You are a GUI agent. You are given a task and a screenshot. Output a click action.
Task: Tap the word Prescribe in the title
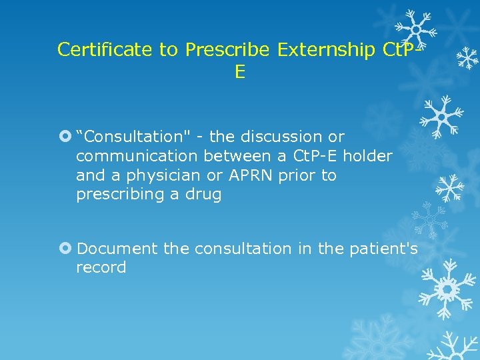tap(227, 49)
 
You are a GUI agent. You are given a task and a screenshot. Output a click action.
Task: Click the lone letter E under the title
tap(240, 72)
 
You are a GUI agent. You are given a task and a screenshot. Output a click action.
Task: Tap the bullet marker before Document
tap(65, 249)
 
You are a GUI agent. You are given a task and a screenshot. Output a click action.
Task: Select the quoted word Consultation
tap(130, 137)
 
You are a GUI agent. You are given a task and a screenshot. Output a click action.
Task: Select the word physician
tap(163, 176)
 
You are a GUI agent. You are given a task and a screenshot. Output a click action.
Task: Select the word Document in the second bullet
tap(117, 249)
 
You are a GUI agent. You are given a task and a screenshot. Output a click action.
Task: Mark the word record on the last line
tap(101, 268)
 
